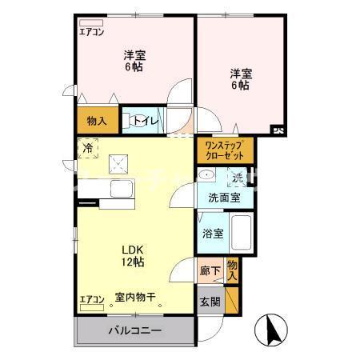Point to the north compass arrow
(x=270, y=328)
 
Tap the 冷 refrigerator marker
(x=88, y=148)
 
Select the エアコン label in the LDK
(x=92, y=301)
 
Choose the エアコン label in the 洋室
(x=91, y=33)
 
